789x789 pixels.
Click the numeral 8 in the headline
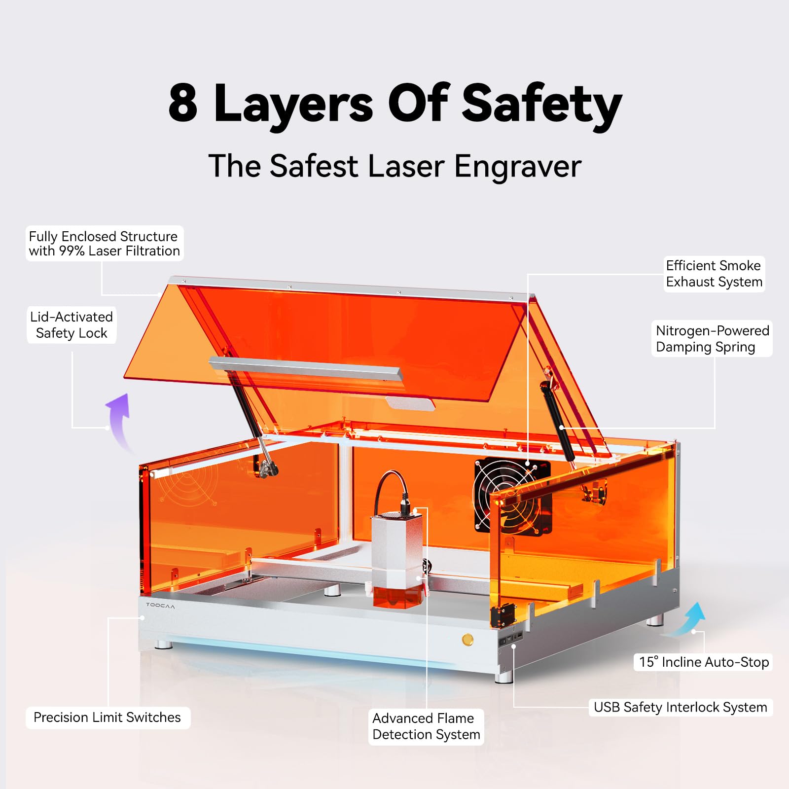[x=183, y=104]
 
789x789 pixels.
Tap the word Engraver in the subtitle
[x=517, y=167]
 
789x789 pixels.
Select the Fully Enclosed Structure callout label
[x=104, y=244]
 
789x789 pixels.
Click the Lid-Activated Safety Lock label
[x=72, y=325]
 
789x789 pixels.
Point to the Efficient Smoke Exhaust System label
[x=714, y=274]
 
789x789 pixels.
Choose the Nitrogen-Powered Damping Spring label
[x=712, y=339]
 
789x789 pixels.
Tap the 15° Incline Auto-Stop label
[x=704, y=662]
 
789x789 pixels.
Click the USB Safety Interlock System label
[x=680, y=707]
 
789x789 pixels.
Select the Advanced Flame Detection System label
[x=426, y=726]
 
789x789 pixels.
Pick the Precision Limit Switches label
[x=107, y=717]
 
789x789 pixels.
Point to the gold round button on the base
[x=467, y=640]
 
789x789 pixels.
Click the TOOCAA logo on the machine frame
[x=160, y=605]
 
